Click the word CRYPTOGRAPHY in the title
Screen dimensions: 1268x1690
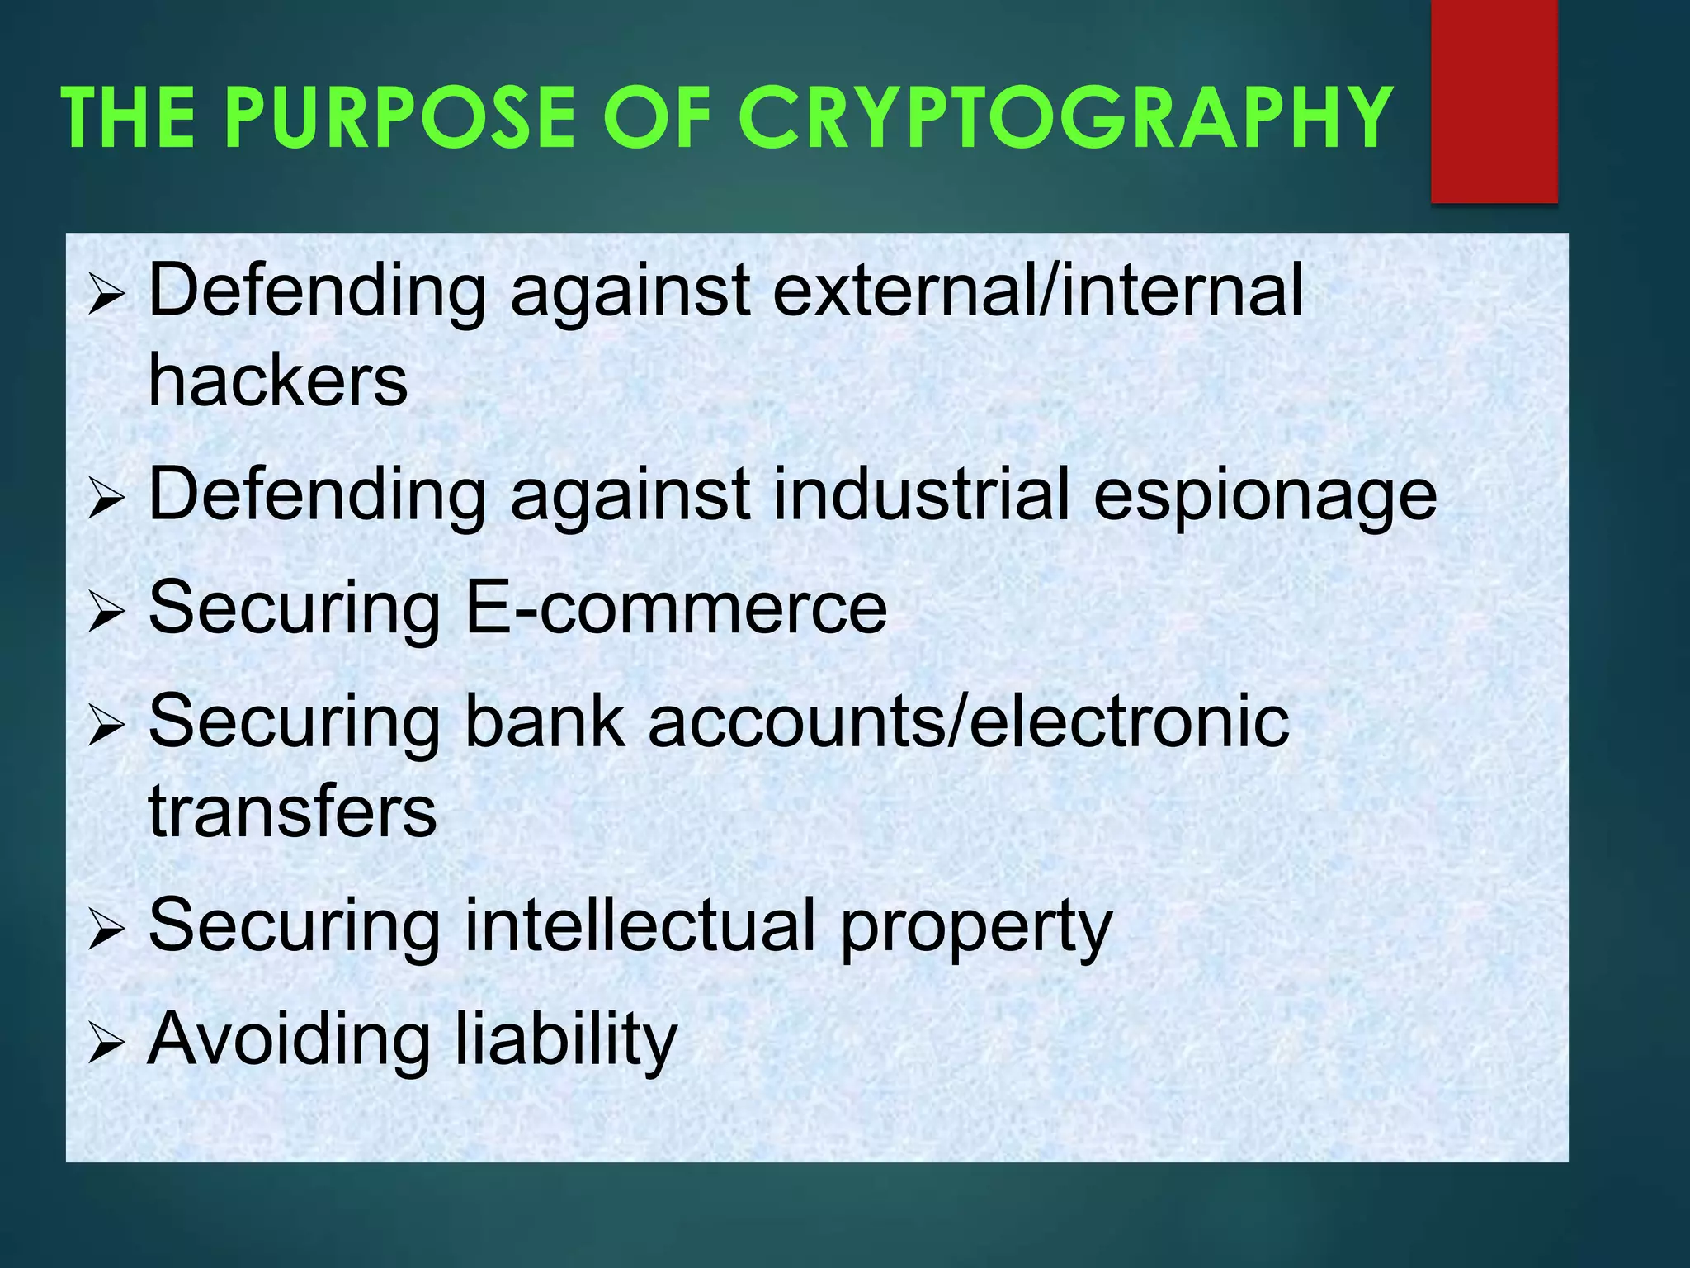click(1065, 117)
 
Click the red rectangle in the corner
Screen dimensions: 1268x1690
click(1494, 101)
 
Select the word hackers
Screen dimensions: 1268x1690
click(278, 381)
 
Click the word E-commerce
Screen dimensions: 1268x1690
click(676, 608)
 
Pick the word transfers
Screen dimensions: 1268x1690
click(292, 811)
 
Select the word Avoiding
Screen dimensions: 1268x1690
click(289, 1040)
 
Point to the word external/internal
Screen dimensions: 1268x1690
click(1037, 290)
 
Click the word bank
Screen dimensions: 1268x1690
click(545, 721)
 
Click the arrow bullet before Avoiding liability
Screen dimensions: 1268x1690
click(106, 1043)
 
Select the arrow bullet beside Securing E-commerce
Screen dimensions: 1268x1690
click(106, 613)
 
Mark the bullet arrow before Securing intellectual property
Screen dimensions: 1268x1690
click(106, 930)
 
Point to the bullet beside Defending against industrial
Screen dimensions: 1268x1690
click(106, 499)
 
